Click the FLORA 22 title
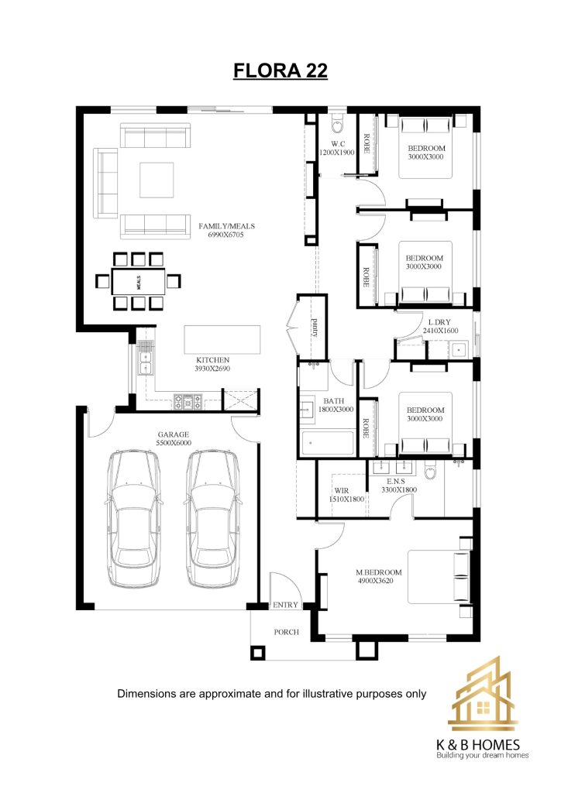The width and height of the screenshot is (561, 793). pyautogui.click(x=280, y=70)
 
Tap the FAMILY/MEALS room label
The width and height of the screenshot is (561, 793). pyautogui.click(x=226, y=230)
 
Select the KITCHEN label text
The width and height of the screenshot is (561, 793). pyautogui.click(x=212, y=360)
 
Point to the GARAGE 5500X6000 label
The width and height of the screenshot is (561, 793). pyautogui.click(x=174, y=438)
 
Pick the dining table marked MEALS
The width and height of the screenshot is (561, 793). pyautogui.click(x=139, y=282)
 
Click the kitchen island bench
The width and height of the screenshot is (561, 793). pyautogui.click(x=222, y=339)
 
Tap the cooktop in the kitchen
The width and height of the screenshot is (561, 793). pyautogui.click(x=188, y=402)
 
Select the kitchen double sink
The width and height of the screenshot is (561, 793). pyautogui.click(x=146, y=362)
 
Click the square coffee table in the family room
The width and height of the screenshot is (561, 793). pyautogui.click(x=157, y=180)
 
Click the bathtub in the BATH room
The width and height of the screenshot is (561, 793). pyautogui.click(x=328, y=444)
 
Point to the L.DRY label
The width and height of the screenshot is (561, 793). pyautogui.click(x=439, y=322)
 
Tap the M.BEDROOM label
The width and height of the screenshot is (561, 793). pyautogui.click(x=378, y=572)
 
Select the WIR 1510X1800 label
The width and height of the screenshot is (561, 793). pyautogui.click(x=346, y=495)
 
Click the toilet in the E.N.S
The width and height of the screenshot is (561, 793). pyautogui.click(x=431, y=470)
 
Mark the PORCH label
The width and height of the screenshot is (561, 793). pyautogui.click(x=287, y=632)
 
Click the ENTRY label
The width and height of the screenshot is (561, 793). pyautogui.click(x=285, y=605)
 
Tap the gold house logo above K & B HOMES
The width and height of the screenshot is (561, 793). pyautogui.click(x=483, y=694)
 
